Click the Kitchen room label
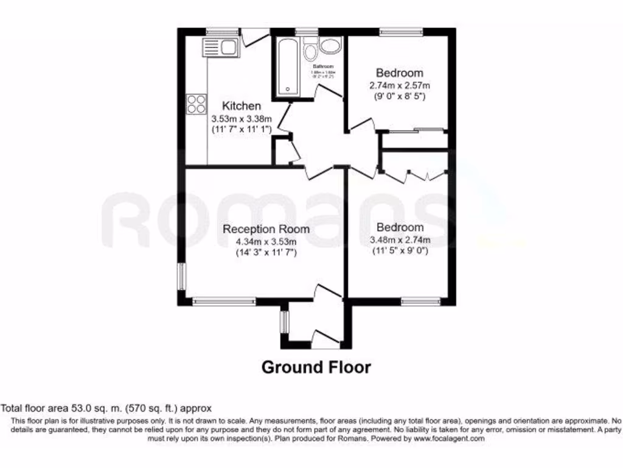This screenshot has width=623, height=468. (241, 106)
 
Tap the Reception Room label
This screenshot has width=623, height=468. (266, 229)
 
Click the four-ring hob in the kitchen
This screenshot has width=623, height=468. (196, 104)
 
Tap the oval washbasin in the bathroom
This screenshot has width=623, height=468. (332, 46)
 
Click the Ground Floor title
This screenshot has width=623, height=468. (316, 367)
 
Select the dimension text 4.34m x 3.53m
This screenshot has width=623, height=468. (266, 241)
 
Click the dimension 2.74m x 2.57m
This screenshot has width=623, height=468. (399, 85)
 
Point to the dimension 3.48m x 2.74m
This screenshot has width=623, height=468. (400, 239)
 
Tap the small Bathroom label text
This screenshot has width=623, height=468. (323, 66)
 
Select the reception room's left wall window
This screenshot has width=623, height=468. (181, 275)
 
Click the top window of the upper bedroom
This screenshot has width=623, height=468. (401, 30)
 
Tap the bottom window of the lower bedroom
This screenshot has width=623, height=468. (420, 300)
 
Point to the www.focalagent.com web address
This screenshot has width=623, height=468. (448, 438)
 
